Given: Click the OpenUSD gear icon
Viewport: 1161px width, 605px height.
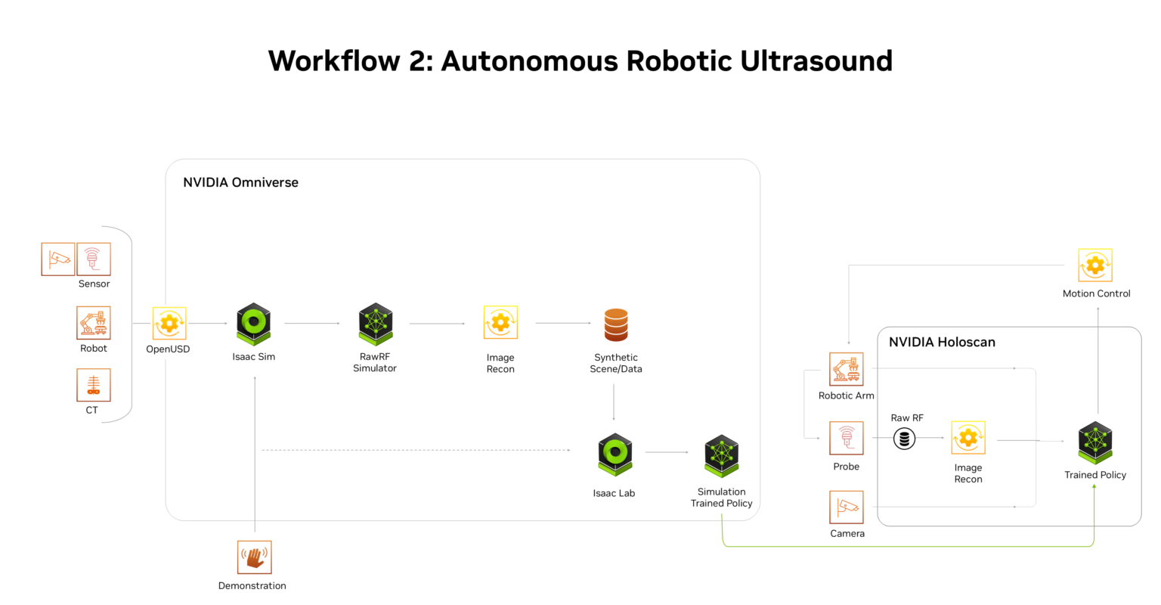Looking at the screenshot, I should coord(169,324).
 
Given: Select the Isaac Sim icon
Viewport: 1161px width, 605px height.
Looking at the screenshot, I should coord(254,324).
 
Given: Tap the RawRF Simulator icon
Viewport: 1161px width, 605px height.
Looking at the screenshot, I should coord(376,324).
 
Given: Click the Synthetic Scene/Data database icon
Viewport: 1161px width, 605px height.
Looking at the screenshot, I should coord(616,324).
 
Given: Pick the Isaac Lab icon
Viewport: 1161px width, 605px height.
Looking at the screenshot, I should coord(615,455).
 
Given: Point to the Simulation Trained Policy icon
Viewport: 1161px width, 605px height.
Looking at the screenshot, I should coord(721,455).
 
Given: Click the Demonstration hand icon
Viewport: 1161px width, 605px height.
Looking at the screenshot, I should coord(254,557).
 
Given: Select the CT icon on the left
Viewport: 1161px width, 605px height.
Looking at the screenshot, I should coord(94,385).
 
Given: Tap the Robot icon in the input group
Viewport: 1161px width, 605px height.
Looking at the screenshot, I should coord(94,323).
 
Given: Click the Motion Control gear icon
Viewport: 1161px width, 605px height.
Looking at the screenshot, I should coord(1095,265).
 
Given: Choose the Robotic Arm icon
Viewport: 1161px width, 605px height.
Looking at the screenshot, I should coord(847,369).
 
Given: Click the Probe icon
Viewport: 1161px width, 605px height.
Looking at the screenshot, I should coord(847,439).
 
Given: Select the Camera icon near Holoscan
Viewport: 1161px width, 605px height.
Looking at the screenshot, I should coord(847,507).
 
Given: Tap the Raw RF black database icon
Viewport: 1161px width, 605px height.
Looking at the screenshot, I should coord(905,439).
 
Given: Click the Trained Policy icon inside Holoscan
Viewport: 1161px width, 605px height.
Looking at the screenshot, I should coord(1095,443).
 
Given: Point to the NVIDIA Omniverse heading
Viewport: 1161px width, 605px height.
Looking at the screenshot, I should coord(240,182).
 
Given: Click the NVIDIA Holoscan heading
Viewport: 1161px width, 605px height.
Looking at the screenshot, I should coord(942,342).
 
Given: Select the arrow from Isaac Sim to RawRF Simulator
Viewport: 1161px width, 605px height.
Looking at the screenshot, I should coord(312,324).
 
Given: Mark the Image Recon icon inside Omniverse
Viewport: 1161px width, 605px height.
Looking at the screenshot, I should coord(500,323).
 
